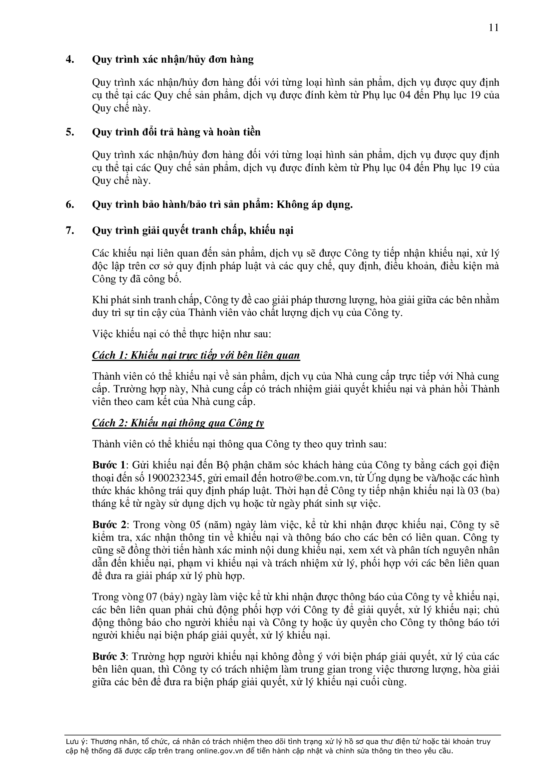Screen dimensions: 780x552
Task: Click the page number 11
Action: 494,28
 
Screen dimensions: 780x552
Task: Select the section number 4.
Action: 70,60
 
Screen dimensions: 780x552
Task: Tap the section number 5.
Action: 70,132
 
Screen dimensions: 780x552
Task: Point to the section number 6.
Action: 70,205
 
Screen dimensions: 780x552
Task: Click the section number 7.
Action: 70,231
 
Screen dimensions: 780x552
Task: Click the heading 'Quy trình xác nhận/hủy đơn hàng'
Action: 173,60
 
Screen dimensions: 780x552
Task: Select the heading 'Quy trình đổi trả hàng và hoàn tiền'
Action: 176,132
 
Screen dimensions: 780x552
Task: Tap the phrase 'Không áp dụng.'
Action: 315,205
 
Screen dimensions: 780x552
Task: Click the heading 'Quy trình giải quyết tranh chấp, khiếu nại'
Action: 192,231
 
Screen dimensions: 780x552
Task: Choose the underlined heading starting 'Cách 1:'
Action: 196,355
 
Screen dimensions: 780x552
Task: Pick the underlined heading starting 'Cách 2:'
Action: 178,423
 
